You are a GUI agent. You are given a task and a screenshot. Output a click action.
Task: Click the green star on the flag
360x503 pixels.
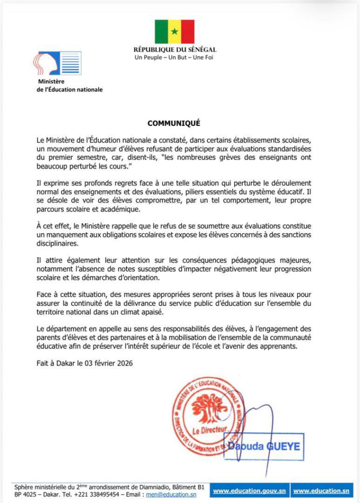click(x=174, y=32)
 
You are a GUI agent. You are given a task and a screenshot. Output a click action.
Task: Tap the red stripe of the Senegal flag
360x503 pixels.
click(x=188, y=32)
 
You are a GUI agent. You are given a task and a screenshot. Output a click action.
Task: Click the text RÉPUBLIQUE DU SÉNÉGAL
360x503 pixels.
click(x=175, y=50)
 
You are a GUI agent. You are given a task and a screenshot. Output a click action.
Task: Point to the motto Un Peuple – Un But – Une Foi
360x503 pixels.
click(x=174, y=57)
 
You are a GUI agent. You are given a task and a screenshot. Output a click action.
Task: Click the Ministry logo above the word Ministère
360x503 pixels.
click(x=57, y=63)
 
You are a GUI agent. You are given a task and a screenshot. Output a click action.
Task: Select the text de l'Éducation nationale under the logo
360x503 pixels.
click(x=70, y=89)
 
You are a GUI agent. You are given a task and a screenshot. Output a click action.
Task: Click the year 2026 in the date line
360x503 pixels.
click(x=123, y=363)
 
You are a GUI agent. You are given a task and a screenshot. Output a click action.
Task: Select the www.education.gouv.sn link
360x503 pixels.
click(x=249, y=491)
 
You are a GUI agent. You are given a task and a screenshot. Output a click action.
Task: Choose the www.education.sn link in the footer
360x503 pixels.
click(x=321, y=491)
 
